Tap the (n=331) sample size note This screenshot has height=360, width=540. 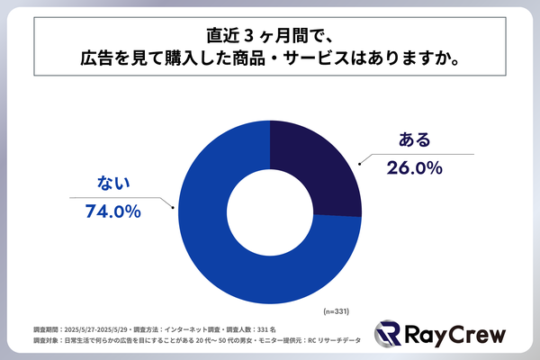tap(335, 310)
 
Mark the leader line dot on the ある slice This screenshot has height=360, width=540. tap(359, 164)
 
